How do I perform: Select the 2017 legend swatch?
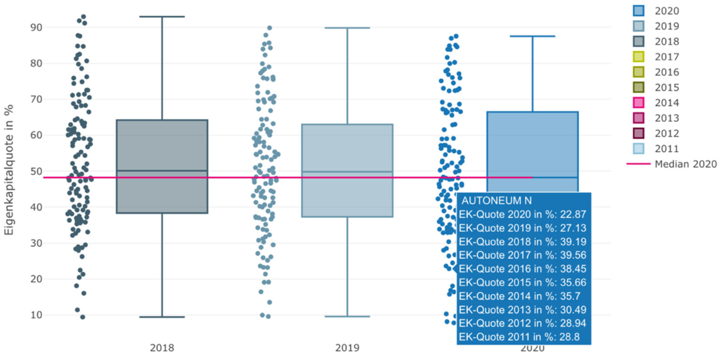(639, 57)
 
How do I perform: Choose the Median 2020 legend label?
(685, 164)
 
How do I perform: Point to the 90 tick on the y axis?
(36, 28)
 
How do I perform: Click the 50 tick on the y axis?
(36, 171)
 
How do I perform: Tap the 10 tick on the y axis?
(36, 315)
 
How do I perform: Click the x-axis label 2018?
(162, 348)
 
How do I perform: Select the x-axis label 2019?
(347, 348)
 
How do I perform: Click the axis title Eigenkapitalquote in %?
(9, 170)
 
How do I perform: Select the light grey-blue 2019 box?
(347, 150)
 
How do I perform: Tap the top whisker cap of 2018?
(162, 17)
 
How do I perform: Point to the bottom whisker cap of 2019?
(347, 316)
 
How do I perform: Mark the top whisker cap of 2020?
(532, 36)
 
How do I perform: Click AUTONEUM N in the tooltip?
(496, 200)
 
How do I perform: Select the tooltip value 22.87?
(573, 214)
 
